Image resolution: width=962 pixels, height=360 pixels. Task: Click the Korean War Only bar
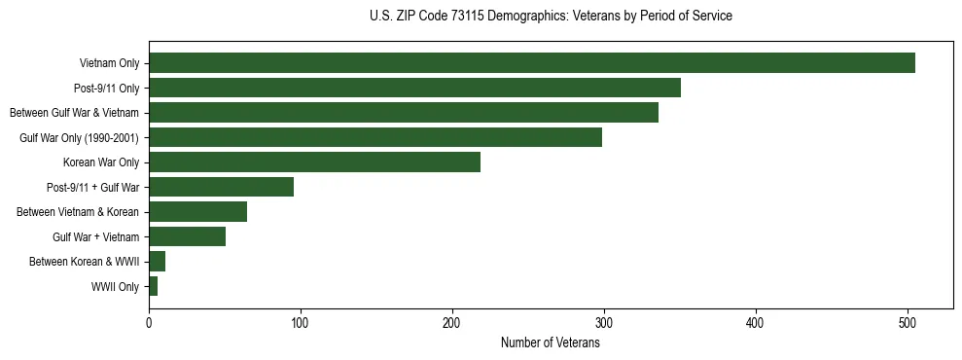coord(314,162)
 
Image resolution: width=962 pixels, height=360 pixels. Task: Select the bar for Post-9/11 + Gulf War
coord(221,187)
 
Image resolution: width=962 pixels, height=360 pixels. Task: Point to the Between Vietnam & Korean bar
coord(197,212)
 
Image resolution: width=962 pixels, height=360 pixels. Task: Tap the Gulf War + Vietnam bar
coord(187,236)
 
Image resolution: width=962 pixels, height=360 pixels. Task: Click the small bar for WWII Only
coord(153,286)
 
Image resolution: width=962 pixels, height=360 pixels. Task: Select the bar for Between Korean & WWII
coord(157,262)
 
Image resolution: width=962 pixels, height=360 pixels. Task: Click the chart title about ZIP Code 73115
coord(551,17)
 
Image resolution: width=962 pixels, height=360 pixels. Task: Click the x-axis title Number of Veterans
coord(551,343)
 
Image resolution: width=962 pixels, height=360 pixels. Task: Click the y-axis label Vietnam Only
coord(109,64)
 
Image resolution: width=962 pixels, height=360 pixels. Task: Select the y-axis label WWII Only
coord(115,287)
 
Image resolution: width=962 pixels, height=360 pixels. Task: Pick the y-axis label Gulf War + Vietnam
coord(95,237)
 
